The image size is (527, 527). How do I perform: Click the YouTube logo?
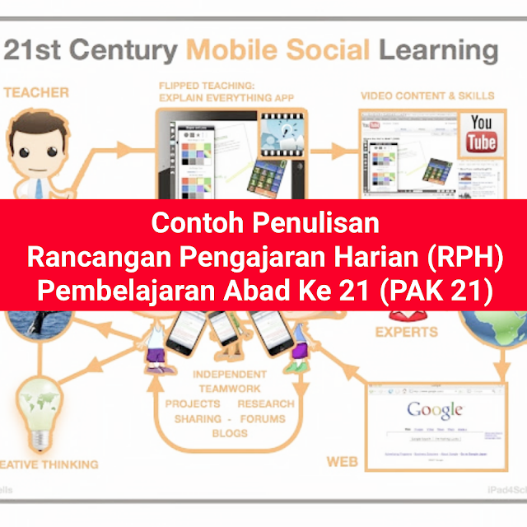click(x=482, y=134)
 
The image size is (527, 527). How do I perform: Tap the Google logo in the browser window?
click(x=434, y=410)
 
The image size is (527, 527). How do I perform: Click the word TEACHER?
click(x=36, y=92)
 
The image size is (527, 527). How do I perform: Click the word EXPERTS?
click(x=406, y=333)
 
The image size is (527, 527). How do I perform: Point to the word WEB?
click(x=343, y=462)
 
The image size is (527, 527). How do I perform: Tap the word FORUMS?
click(x=263, y=418)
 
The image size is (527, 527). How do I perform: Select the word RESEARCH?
click(x=266, y=403)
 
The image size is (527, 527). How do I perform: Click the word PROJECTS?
click(x=193, y=403)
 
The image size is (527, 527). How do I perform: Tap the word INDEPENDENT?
click(x=230, y=374)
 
